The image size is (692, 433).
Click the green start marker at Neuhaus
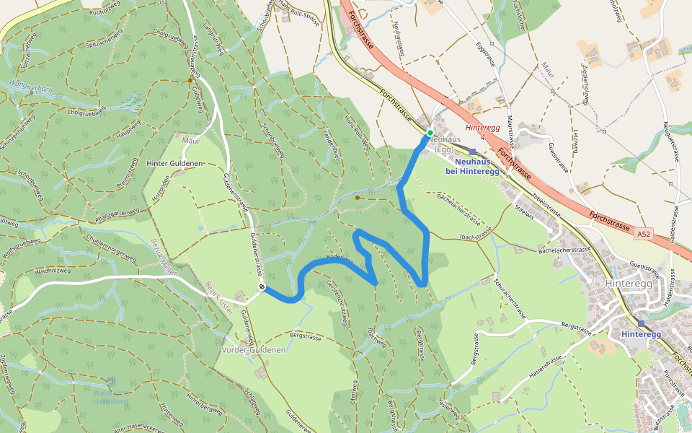click(430, 133)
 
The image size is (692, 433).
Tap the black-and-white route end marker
click(262, 288)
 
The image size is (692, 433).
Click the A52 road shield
click(644, 235)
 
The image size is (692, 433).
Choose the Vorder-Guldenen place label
click(253, 350)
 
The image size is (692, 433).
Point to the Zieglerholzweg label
click(585, 84)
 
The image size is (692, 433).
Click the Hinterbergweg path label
click(203, 408)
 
